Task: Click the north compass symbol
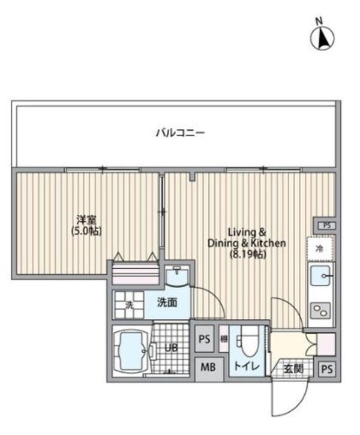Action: (322, 37)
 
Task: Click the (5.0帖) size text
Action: (86, 230)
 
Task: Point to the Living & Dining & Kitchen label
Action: (247, 237)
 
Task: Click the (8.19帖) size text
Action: (246, 254)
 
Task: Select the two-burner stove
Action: (320, 311)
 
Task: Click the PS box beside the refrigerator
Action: (326, 226)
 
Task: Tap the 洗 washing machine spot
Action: (128, 304)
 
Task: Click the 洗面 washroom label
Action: (166, 302)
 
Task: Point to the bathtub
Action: (131, 351)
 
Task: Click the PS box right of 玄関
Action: (326, 369)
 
